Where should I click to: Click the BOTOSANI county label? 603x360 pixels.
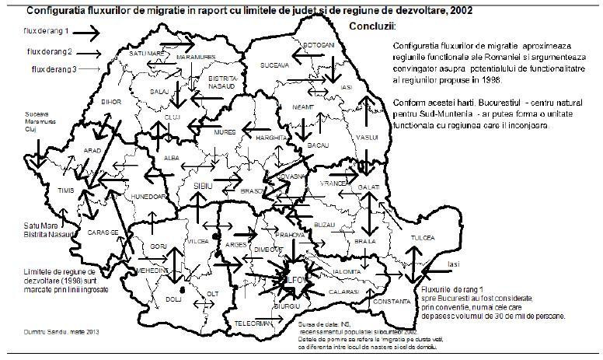point(319,45)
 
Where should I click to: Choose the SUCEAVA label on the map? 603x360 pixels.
point(273,66)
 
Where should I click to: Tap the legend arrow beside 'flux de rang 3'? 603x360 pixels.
point(89,70)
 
